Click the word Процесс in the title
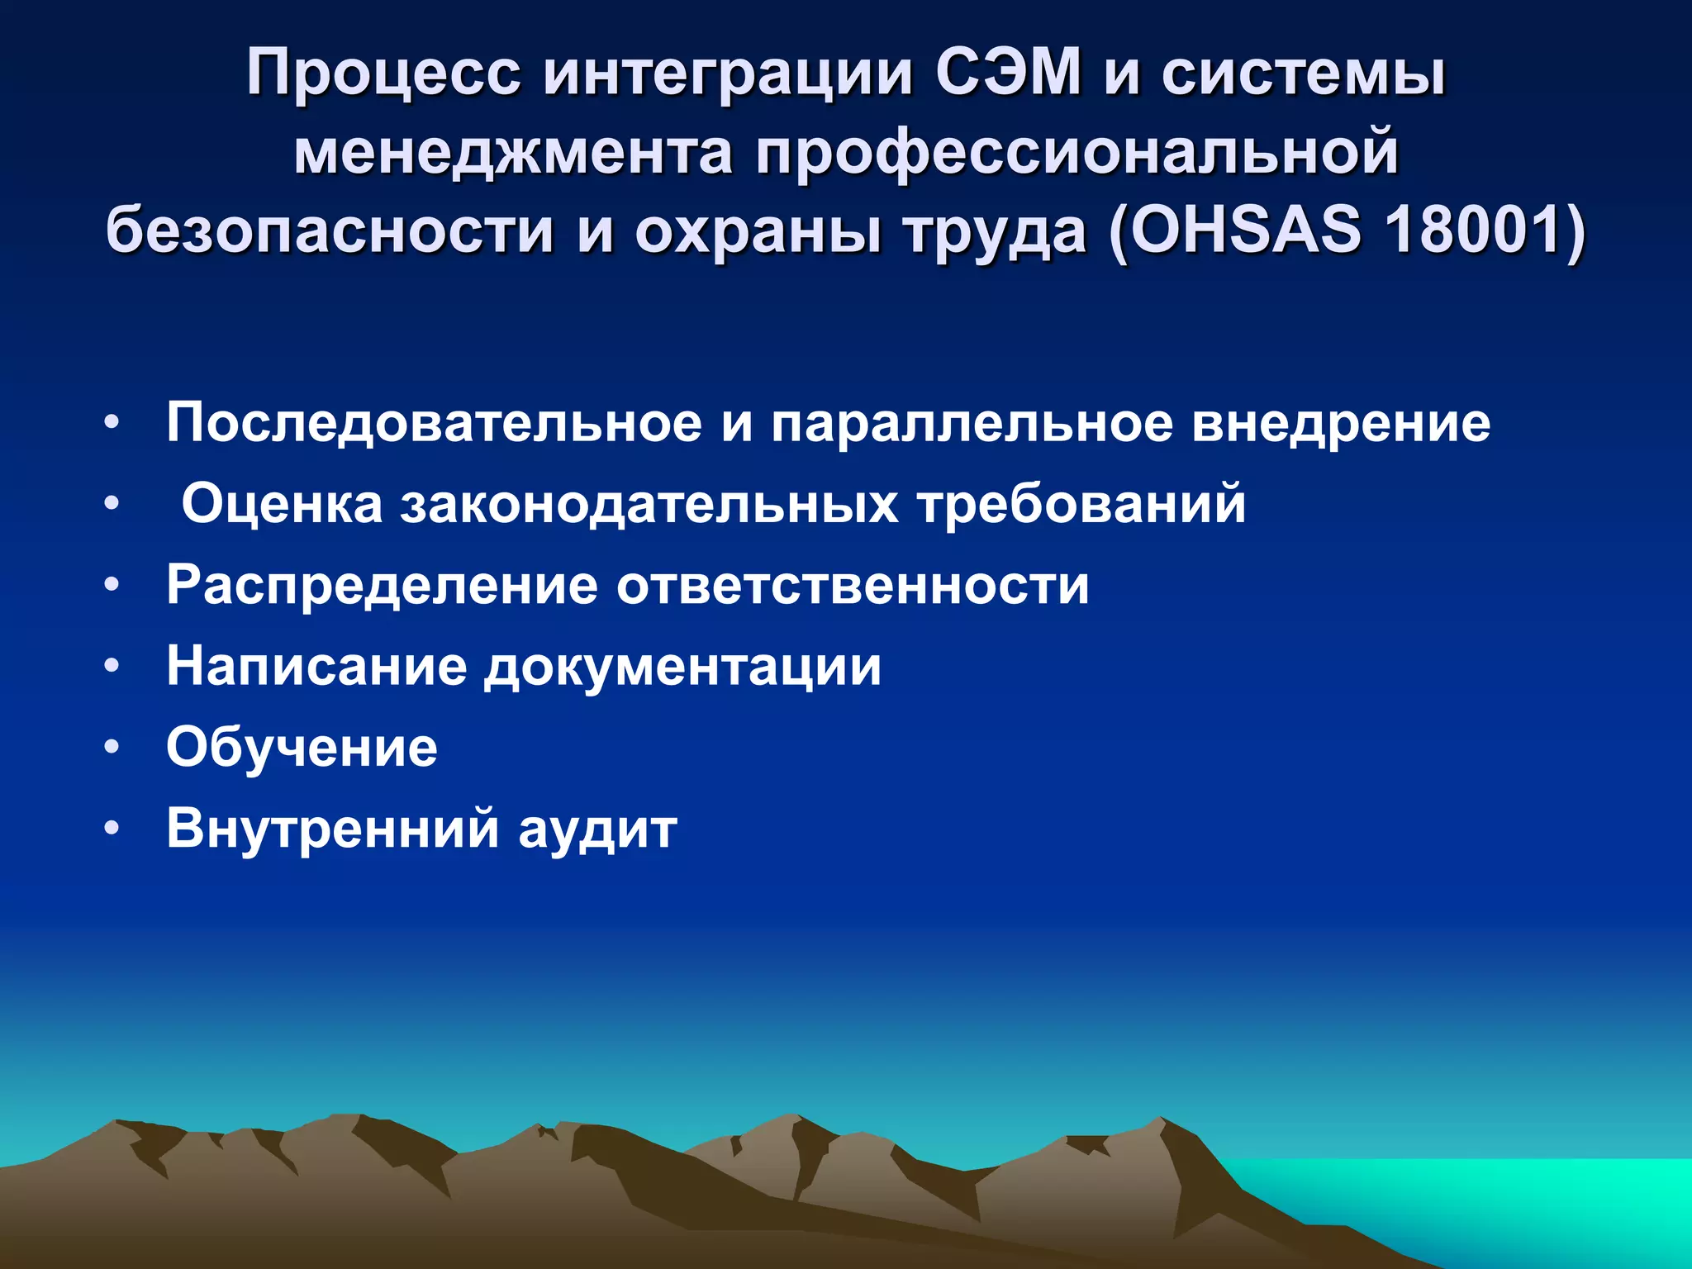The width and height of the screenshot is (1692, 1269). tap(383, 74)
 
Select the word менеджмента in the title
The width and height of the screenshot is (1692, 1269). tap(513, 153)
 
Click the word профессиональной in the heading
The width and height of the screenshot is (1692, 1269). tap(1077, 153)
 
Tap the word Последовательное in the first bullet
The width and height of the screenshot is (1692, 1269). tap(434, 423)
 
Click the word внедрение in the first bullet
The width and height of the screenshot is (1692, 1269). tap(1341, 423)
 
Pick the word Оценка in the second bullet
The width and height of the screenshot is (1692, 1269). tap(282, 503)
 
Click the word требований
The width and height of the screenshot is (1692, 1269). tap(1081, 503)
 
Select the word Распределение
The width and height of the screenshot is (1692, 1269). tap(382, 586)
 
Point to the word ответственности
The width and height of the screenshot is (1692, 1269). tap(853, 586)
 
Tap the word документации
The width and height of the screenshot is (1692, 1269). tap(682, 666)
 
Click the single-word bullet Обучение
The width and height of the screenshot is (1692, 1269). tap(302, 748)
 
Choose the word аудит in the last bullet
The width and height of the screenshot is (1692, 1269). tap(597, 829)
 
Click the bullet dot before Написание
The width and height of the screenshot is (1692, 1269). tap(112, 666)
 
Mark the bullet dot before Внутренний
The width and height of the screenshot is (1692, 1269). tap(112, 829)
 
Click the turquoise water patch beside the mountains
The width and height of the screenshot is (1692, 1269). tap(1528, 1198)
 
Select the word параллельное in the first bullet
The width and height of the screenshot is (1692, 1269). tap(972, 423)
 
